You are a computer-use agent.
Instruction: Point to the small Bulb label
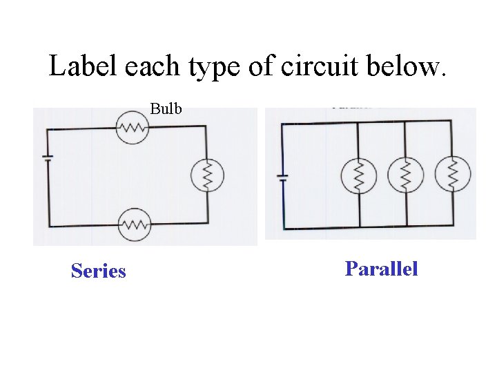[x=166, y=108]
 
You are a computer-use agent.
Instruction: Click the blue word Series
[x=98, y=271]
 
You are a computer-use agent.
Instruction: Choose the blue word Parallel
[x=381, y=268]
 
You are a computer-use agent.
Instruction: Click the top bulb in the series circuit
[x=133, y=127]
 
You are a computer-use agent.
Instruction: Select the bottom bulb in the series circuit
[x=135, y=224]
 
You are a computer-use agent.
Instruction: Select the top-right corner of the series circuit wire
[x=206, y=126]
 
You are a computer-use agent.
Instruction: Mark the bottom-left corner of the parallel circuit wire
[x=283, y=227]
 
